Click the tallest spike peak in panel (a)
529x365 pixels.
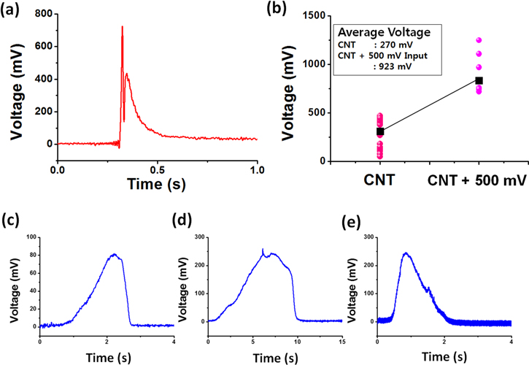pyautogui.click(x=122, y=27)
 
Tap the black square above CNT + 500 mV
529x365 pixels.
pyautogui.click(x=479, y=80)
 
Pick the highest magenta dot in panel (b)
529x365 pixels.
pyautogui.click(x=479, y=40)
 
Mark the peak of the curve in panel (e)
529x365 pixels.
pyautogui.click(x=405, y=253)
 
